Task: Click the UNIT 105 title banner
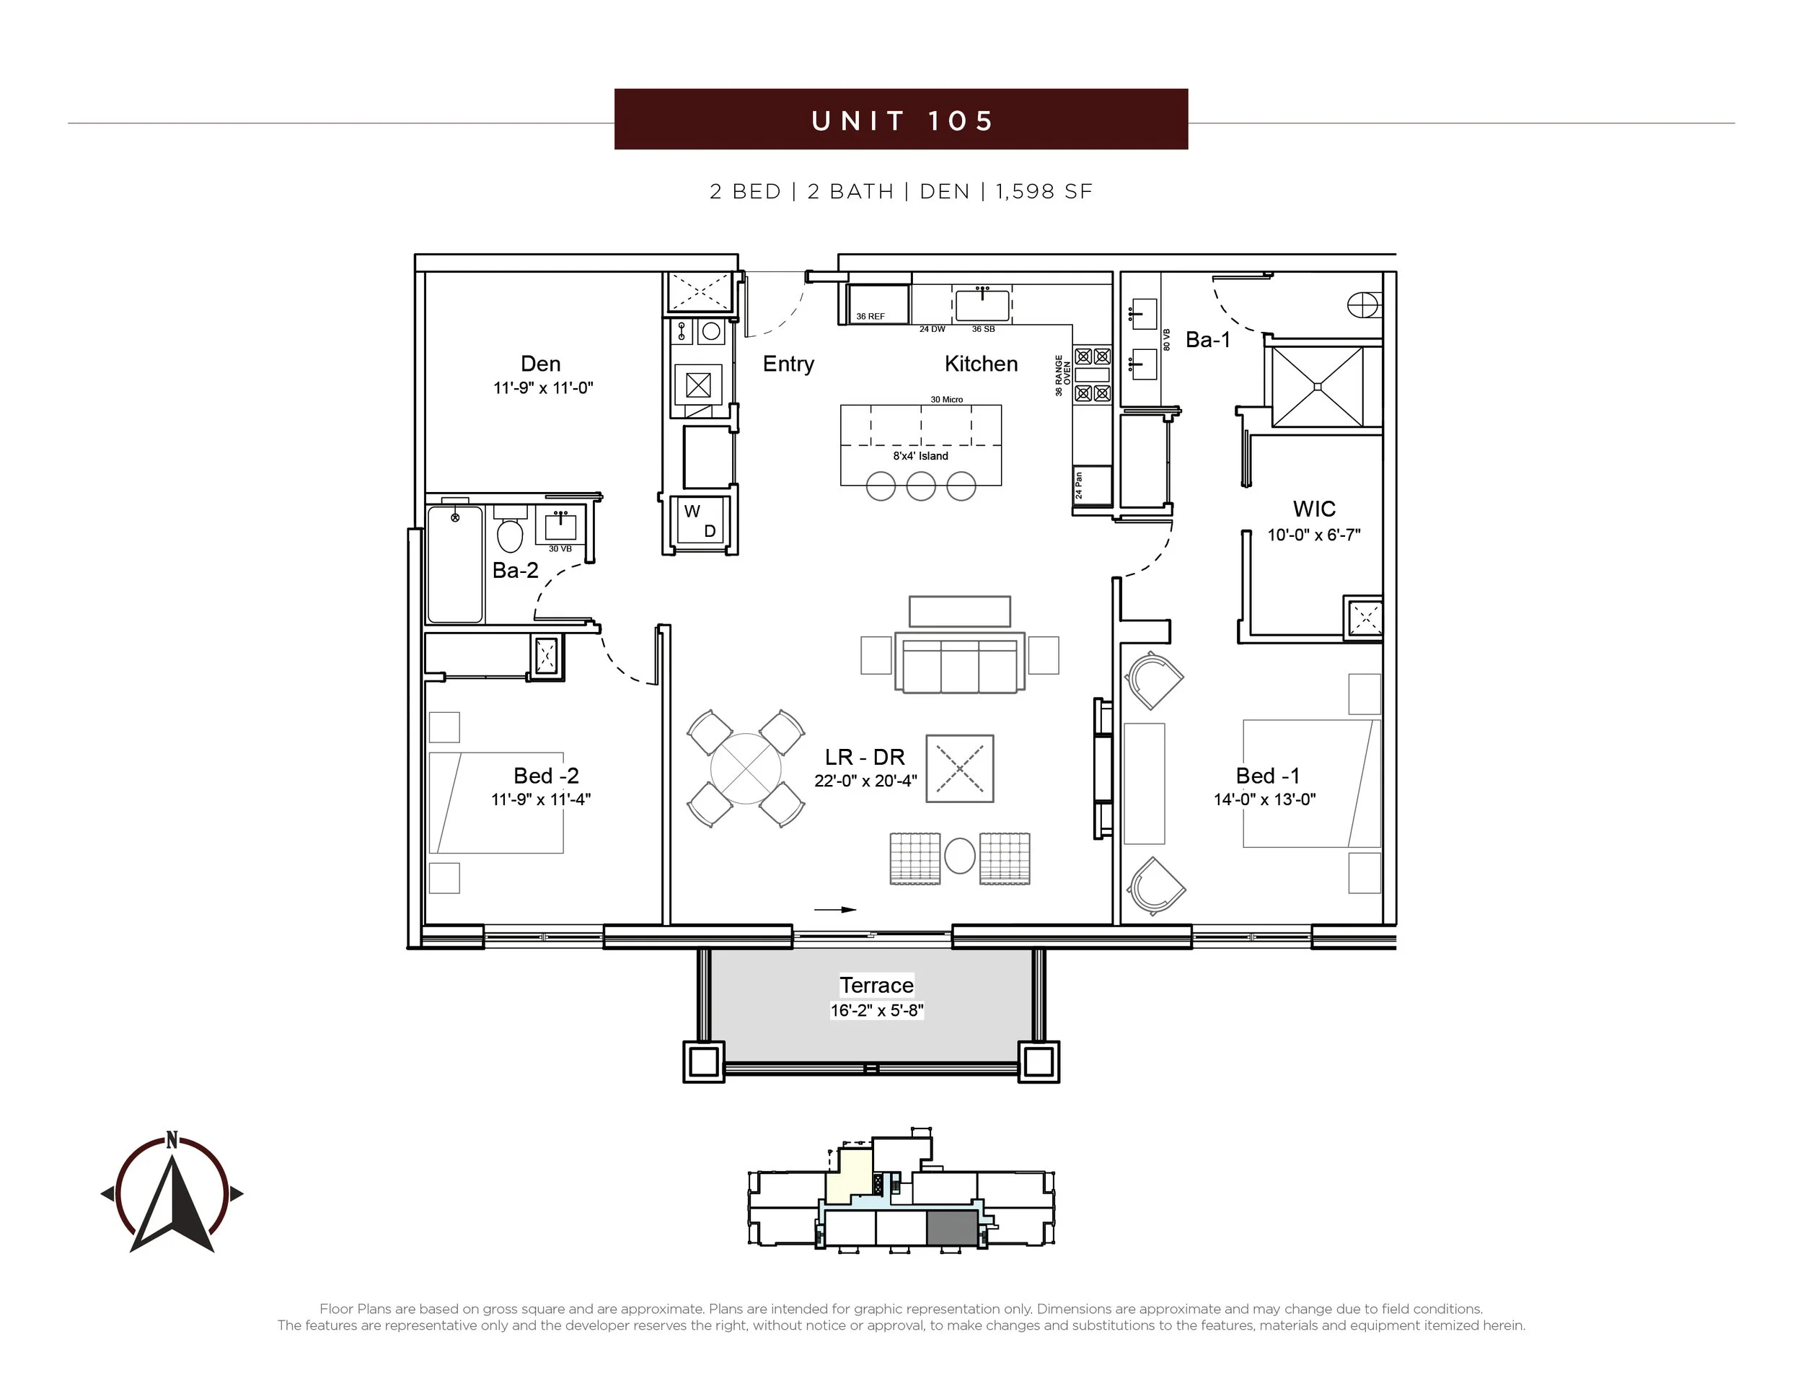tap(901, 119)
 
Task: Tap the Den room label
tap(541, 364)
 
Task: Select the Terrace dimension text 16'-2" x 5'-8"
tap(877, 1010)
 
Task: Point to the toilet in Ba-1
tap(1364, 305)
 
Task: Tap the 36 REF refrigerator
tap(878, 304)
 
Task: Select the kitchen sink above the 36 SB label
tap(982, 304)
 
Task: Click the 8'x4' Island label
tap(920, 456)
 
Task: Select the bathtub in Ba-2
tap(455, 565)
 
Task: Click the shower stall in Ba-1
tap(1318, 387)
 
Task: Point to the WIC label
tap(1314, 509)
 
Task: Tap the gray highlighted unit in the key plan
tap(952, 1228)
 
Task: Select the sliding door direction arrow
tap(835, 910)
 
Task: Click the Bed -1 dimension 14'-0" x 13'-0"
tap(1265, 799)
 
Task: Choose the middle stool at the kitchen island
tap(920, 486)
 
